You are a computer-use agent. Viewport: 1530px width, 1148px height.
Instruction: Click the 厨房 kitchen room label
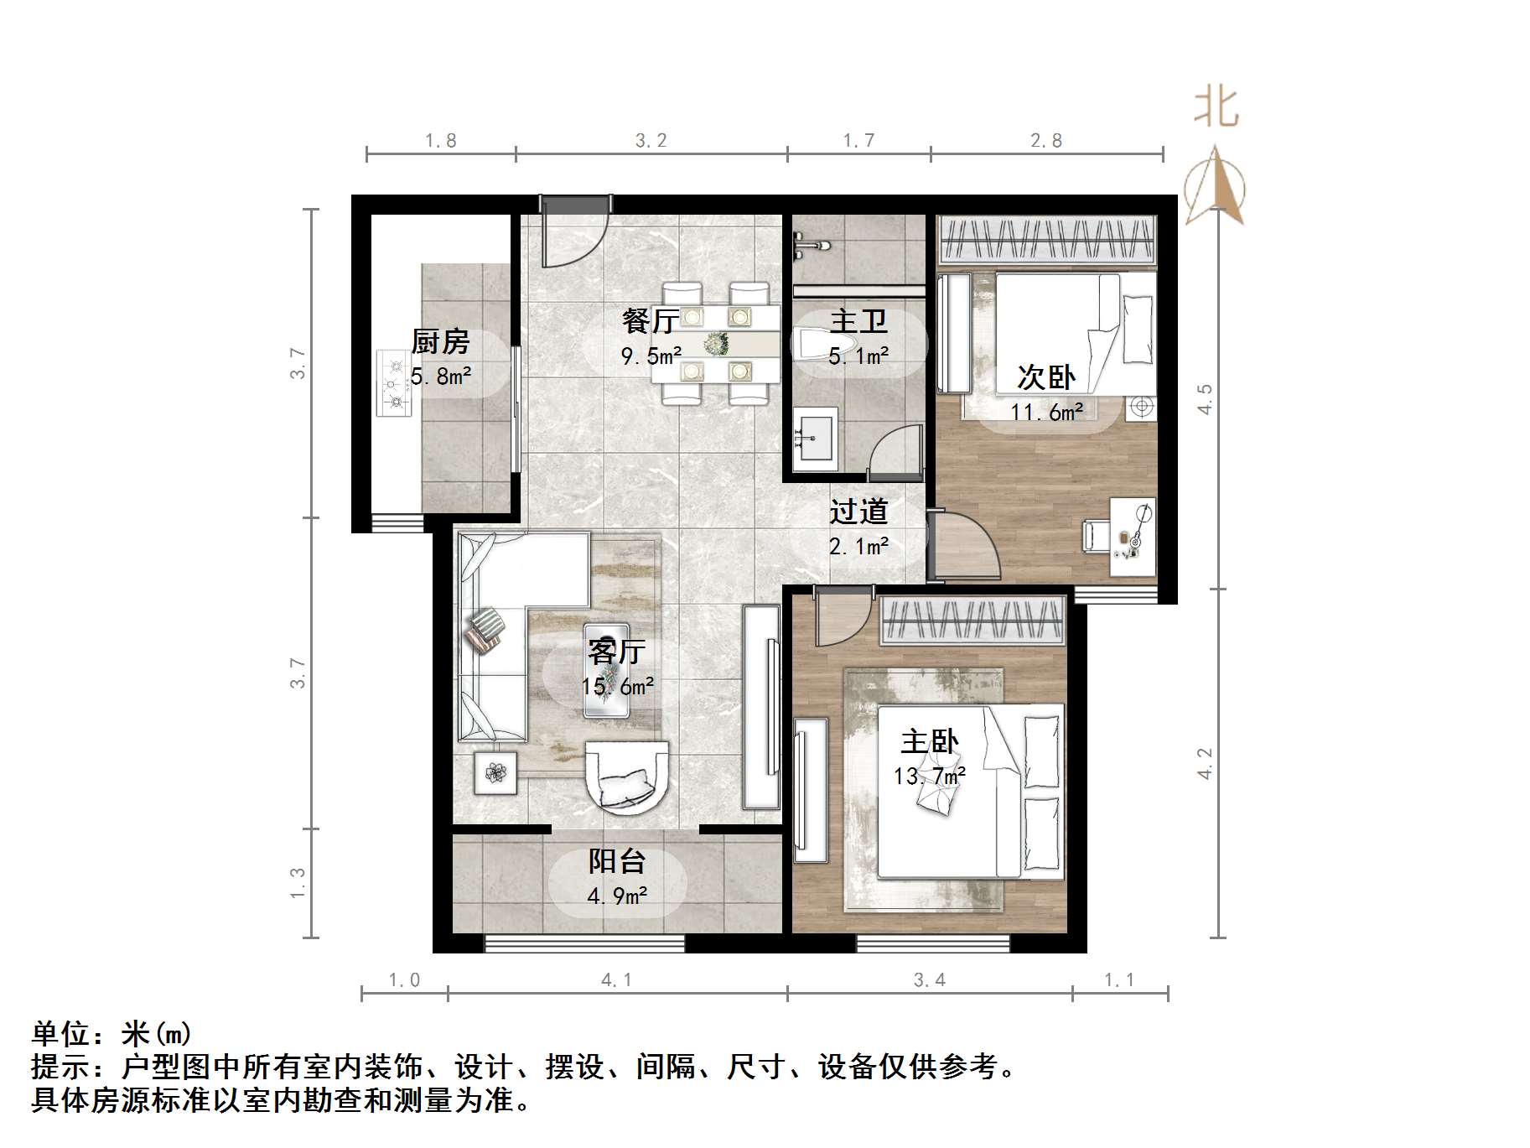click(x=440, y=341)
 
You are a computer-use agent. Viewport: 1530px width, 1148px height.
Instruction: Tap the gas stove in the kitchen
click(x=394, y=383)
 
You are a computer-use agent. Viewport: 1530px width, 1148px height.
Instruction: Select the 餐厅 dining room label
click(x=650, y=320)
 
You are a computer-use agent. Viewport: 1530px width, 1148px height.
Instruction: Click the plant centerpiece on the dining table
click(x=716, y=343)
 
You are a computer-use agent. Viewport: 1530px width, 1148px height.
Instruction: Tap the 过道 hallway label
click(x=858, y=511)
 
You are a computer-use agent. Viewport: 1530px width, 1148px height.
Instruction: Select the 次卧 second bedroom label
click(x=1046, y=377)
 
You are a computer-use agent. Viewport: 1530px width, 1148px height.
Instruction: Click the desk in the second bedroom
click(x=1133, y=537)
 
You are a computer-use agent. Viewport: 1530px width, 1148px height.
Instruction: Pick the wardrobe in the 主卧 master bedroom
click(x=972, y=621)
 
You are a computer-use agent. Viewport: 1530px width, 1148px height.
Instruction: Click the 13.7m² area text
click(x=929, y=777)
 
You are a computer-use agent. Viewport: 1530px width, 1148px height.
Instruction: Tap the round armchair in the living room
click(x=627, y=776)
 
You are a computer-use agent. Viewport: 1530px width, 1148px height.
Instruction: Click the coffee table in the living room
click(x=606, y=671)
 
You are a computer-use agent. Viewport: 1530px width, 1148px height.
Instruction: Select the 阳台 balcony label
click(x=616, y=860)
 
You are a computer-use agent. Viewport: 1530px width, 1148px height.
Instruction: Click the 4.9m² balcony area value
click(x=617, y=896)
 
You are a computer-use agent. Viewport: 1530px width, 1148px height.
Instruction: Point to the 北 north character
click(x=1216, y=107)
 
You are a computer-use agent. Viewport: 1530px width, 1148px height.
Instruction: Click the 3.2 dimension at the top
click(x=651, y=141)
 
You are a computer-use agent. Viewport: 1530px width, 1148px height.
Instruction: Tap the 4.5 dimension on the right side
click(x=1205, y=398)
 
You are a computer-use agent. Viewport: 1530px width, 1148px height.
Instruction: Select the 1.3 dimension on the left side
click(x=298, y=883)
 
